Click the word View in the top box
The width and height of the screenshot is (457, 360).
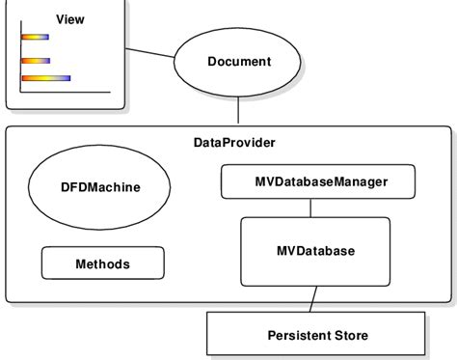click(x=70, y=19)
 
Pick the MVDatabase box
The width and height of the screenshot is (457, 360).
click(x=315, y=251)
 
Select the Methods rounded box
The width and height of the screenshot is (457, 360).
click(x=102, y=263)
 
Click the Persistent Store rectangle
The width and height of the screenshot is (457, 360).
click(x=316, y=335)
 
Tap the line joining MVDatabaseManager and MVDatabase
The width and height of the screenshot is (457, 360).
click(x=309, y=207)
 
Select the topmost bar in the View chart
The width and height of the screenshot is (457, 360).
click(x=35, y=38)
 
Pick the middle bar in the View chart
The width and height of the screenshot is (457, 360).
click(x=36, y=61)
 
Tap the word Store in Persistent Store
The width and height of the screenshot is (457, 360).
click(x=349, y=335)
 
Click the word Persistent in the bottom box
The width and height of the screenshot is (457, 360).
click(x=298, y=335)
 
